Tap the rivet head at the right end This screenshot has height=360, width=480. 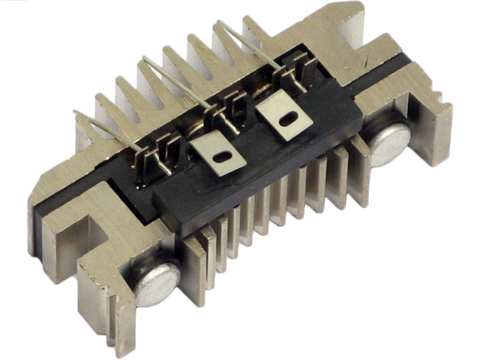[390, 143]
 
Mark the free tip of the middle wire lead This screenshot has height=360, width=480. [144, 58]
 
